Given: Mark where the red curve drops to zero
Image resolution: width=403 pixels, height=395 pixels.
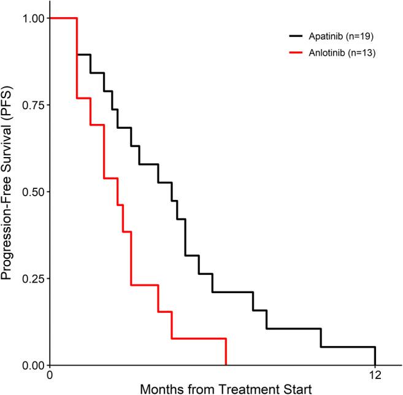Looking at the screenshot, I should pos(226,365).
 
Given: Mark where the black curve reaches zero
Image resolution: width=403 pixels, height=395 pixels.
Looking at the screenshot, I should pos(375,365).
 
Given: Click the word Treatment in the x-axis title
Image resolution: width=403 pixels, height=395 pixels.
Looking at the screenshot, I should pos(245,388).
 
